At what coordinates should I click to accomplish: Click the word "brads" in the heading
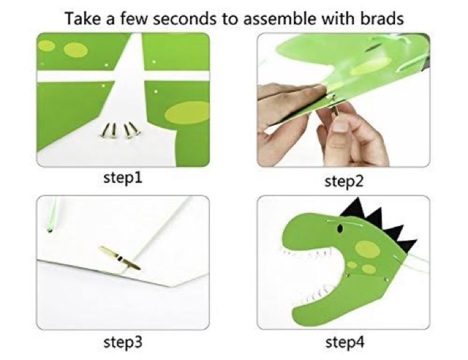(x=382, y=18)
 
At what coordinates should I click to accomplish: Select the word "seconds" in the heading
(x=184, y=19)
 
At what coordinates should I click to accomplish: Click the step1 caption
(x=123, y=178)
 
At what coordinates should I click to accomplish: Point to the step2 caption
(x=344, y=181)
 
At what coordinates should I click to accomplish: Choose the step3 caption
(x=123, y=342)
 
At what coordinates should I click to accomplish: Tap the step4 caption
(x=344, y=342)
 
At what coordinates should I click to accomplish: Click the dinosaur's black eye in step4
(x=339, y=229)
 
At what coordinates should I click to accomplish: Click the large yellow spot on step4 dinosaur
(x=368, y=249)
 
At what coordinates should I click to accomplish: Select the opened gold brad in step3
(x=120, y=258)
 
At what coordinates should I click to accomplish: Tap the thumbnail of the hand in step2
(x=339, y=126)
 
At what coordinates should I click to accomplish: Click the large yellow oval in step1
(x=187, y=113)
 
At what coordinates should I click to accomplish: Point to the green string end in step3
(x=50, y=230)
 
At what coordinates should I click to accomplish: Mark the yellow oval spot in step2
(x=371, y=66)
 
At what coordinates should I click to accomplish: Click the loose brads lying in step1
(x=120, y=130)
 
